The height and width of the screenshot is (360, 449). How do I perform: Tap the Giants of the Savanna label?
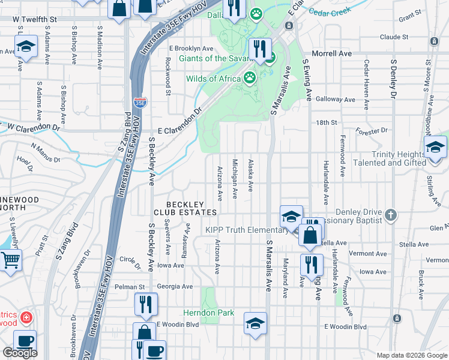point(218,59)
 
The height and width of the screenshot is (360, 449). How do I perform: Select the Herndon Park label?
point(209,313)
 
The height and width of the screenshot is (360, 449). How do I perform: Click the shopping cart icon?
point(10,261)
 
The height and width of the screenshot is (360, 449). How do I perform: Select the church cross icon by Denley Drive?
point(391,214)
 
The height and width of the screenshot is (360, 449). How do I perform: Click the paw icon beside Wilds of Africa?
point(250,77)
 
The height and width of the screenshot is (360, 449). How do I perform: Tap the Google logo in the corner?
point(20,353)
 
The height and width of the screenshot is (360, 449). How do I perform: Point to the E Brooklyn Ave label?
point(191,48)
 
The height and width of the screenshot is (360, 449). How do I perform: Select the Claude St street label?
point(394,37)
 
